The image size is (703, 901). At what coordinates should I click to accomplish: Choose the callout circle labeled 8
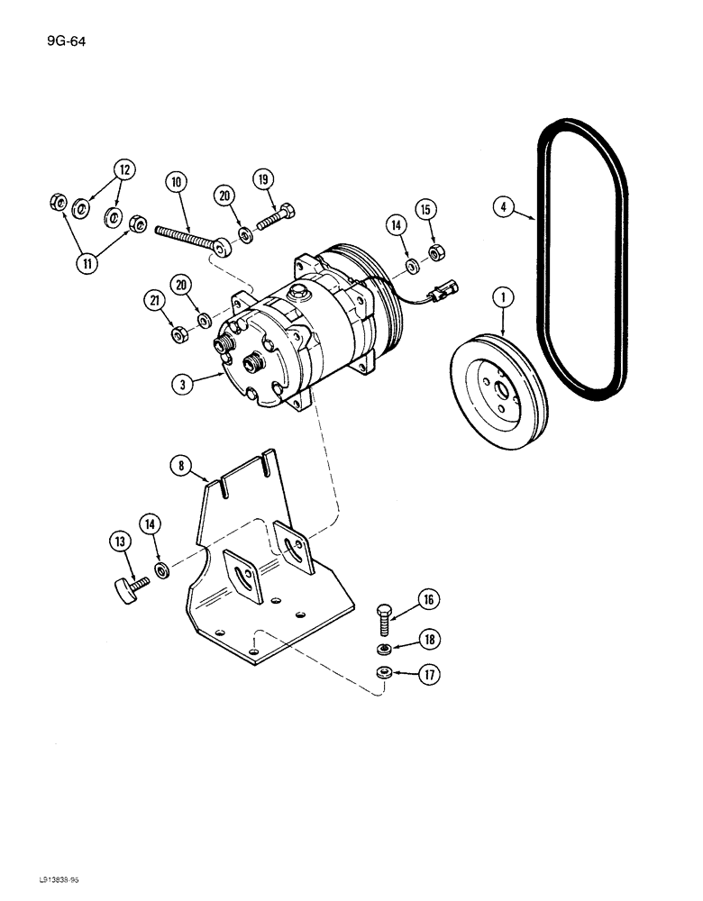(183, 465)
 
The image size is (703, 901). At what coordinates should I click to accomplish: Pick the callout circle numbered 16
(426, 598)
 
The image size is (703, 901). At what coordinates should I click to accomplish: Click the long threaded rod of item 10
(189, 236)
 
